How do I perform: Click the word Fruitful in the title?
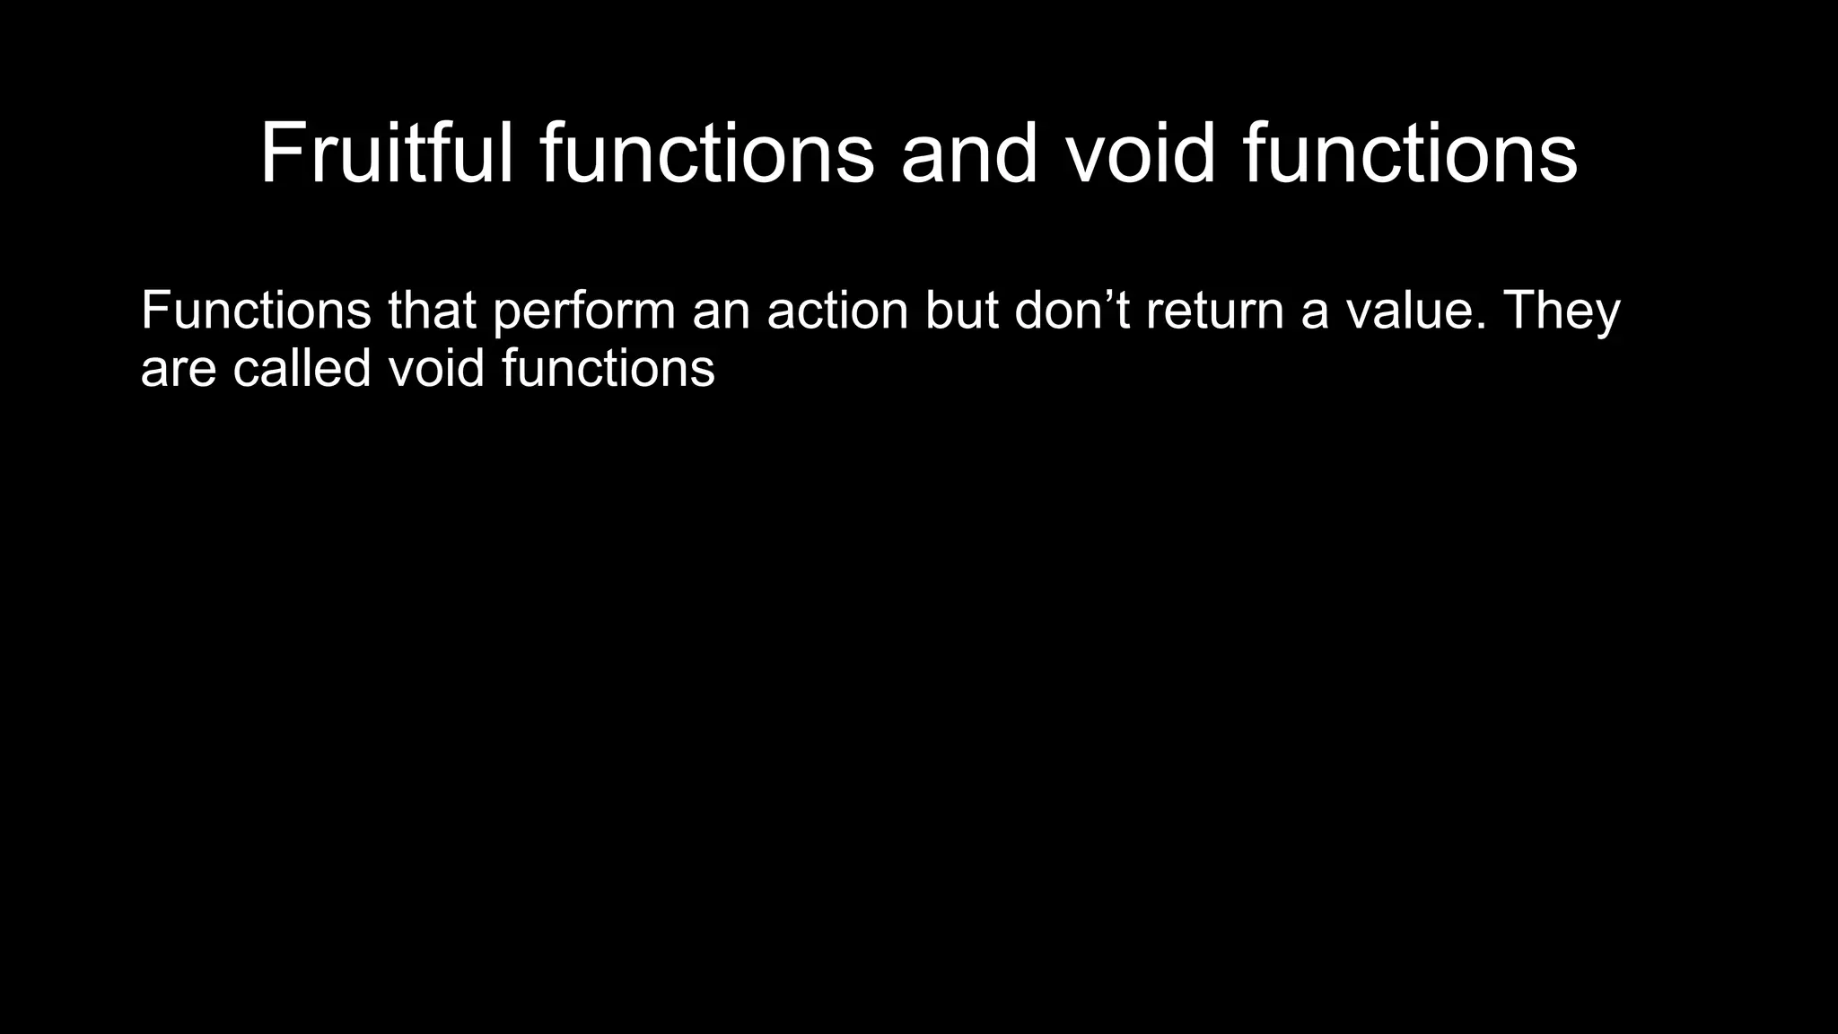[x=387, y=153]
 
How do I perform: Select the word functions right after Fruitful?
[x=706, y=153]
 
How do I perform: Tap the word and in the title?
[x=969, y=153]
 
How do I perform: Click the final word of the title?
[x=1410, y=153]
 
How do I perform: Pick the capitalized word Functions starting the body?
[x=256, y=311]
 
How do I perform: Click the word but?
[x=961, y=311]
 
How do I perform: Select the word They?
[x=1561, y=312]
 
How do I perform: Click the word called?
[x=302, y=368]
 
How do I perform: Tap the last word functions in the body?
[x=608, y=368]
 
